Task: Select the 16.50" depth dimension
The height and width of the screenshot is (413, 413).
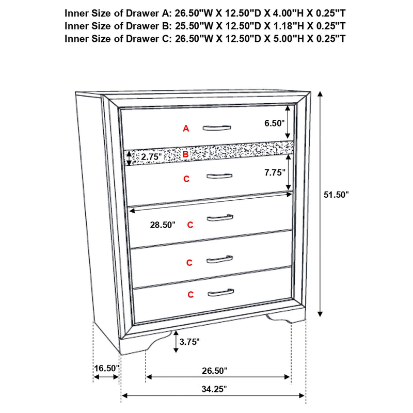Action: [x=106, y=369]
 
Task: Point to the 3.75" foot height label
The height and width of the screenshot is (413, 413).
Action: [x=189, y=342]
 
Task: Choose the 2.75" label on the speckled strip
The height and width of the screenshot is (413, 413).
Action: [x=152, y=156]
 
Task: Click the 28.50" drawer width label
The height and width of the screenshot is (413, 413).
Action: [x=162, y=225]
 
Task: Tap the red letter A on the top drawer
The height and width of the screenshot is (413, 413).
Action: [x=186, y=129]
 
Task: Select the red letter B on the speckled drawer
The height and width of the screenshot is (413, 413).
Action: [x=186, y=153]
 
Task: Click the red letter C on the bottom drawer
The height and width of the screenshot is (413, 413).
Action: [x=190, y=295]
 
